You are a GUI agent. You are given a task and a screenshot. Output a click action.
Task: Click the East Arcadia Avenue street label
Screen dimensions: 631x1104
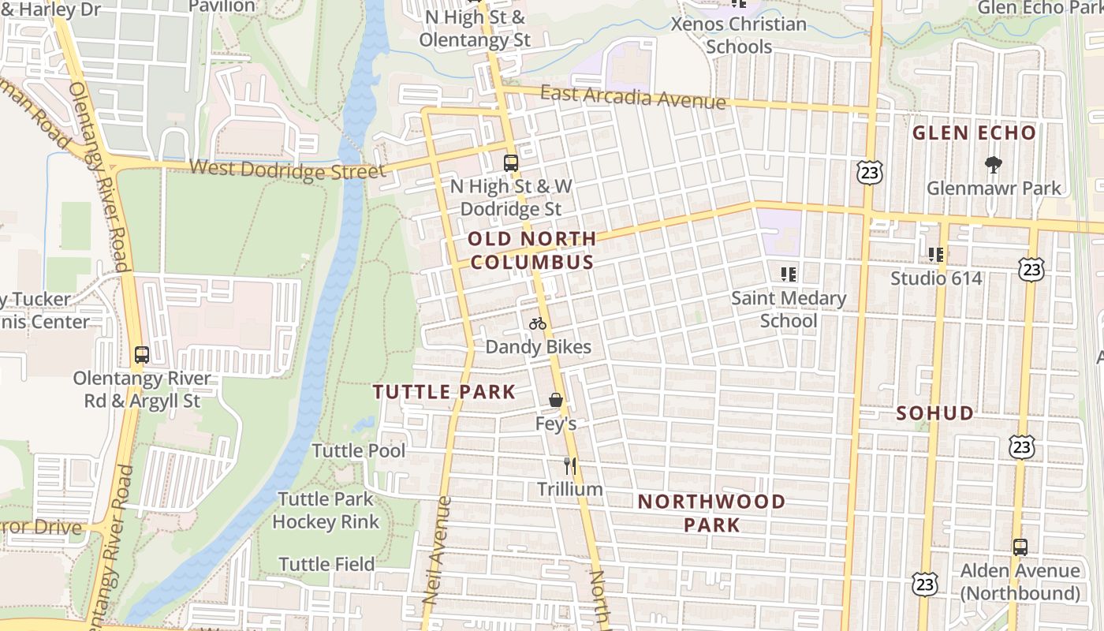click(632, 97)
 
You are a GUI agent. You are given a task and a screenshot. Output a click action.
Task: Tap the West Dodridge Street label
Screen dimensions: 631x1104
click(288, 169)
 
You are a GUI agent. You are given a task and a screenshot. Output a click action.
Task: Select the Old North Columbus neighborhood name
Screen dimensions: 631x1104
click(531, 250)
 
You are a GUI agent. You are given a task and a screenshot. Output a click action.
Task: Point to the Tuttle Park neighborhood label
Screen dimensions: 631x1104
click(444, 392)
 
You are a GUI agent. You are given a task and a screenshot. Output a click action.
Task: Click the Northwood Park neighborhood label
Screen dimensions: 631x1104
click(711, 513)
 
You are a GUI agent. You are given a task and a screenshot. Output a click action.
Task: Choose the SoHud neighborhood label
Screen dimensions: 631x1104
click(935, 413)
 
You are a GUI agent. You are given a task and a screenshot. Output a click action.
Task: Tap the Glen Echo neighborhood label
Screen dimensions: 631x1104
click(974, 133)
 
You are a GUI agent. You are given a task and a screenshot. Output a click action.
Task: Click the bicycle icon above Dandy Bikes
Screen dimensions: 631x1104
click(538, 323)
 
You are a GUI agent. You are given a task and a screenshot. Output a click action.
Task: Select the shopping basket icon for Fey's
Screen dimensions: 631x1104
click(556, 400)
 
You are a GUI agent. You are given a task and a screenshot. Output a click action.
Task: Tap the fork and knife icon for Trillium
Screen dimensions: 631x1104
click(570, 466)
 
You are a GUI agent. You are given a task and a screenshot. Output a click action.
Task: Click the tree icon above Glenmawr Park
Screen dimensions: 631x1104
click(994, 165)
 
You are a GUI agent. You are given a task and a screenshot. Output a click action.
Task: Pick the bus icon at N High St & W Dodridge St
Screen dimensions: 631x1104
click(511, 163)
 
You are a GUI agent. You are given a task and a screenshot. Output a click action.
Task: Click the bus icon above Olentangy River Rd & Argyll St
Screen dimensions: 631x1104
click(142, 355)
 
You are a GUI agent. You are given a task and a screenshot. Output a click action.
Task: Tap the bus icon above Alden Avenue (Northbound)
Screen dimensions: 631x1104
click(1020, 547)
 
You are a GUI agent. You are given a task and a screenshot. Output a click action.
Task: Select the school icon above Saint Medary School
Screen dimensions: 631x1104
click(788, 274)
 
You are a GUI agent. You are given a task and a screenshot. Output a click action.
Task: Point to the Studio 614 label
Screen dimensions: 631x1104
click(936, 278)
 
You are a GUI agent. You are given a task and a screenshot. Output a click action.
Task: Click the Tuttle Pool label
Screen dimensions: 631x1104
click(359, 451)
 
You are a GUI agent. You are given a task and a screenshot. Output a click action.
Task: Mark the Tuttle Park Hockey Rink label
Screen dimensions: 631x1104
click(326, 510)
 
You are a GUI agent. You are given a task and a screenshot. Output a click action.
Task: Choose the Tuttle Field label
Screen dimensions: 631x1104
click(326, 565)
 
